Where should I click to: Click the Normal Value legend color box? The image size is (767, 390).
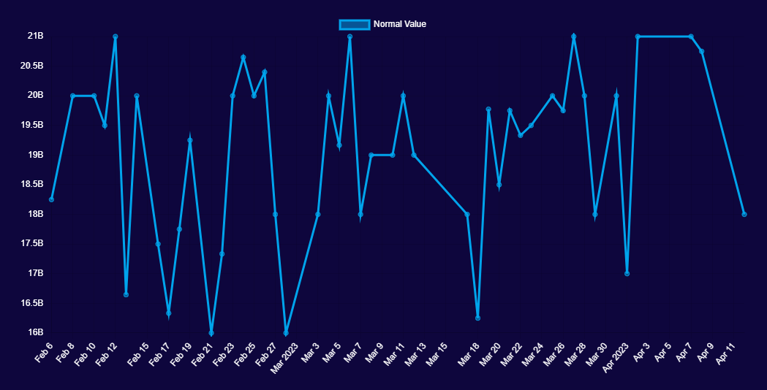tap(355, 24)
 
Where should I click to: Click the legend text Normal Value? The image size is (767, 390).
tap(399, 24)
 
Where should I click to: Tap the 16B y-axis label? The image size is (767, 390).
tap(35, 332)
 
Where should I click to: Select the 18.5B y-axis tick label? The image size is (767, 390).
tap(31, 184)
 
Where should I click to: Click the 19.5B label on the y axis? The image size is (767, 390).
tap(31, 125)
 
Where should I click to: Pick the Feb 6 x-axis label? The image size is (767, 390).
tap(44, 352)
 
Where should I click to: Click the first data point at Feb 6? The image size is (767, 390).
tap(51, 199)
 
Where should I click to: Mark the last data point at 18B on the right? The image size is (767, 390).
tap(744, 214)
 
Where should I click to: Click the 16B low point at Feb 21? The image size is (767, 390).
tap(211, 333)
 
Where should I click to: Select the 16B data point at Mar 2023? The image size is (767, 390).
tap(286, 333)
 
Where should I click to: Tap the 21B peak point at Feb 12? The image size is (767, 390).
tap(116, 37)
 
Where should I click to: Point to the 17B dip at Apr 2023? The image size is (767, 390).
tap(627, 273)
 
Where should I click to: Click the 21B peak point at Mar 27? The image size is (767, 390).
tap(574, 37)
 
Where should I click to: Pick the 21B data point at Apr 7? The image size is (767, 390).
tap(691, 37)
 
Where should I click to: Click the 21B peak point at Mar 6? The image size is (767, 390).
tap(350, 37)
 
